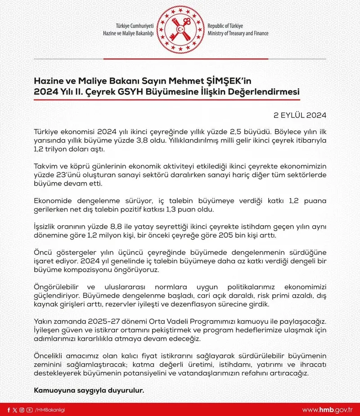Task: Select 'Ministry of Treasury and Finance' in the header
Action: [238, 33]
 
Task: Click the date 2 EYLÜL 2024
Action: [300, 115]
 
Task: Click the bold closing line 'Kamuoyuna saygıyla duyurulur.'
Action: [89, 390]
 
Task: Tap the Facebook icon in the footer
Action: [9, 409]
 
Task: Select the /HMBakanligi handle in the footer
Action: [50, 410]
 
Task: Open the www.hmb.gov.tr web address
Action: [327, 410]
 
